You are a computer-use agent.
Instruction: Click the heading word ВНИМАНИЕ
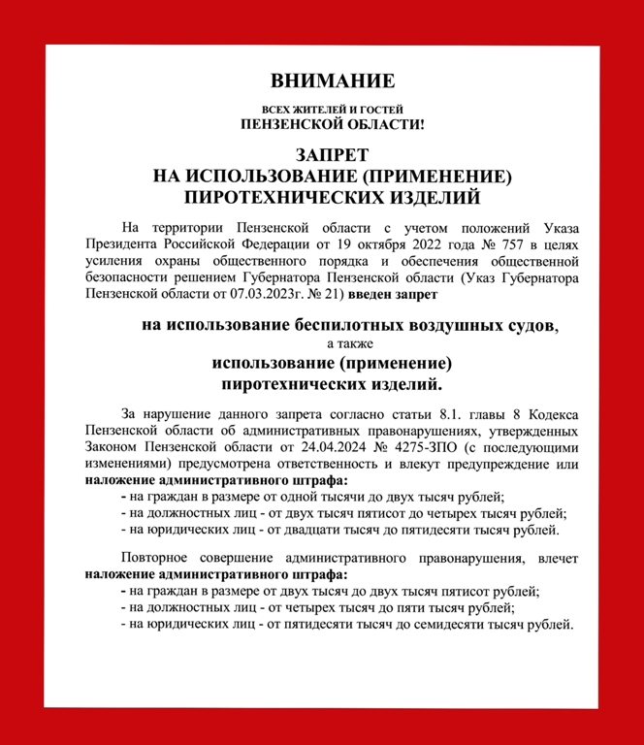click(x=333, y=80)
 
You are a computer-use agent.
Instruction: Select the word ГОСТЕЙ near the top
click(x=381, y=111)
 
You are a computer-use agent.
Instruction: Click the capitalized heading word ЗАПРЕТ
click(x=333, y=156)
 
